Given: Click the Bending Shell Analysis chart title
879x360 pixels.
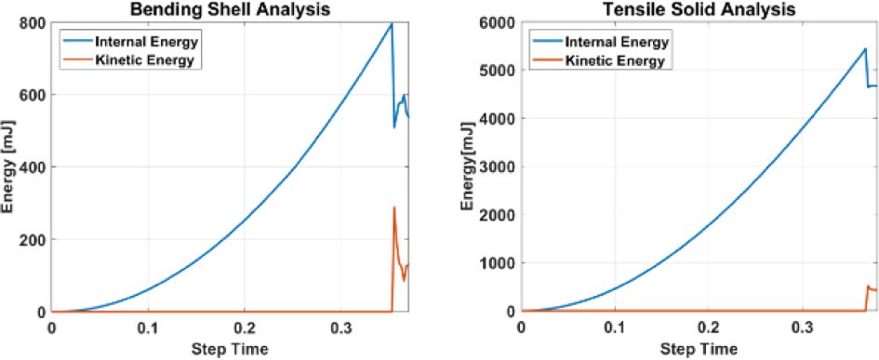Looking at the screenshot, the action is (229, 8).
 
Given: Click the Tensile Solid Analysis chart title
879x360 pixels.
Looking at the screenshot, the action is (699, 8).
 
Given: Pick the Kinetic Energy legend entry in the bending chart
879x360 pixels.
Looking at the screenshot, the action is (130, 60).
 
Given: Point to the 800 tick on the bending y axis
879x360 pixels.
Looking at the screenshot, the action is (32, 22).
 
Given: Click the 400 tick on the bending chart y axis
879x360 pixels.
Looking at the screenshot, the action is (32, 167).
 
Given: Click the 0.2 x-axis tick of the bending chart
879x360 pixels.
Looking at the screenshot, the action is (244, 327).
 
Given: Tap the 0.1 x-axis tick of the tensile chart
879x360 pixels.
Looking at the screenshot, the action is (615, 327).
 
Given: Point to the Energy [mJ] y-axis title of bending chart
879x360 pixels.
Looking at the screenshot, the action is (7, 167).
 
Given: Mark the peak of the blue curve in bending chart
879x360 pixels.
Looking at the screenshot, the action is (392, 23).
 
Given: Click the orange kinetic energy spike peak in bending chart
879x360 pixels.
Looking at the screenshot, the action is (394, 207).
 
